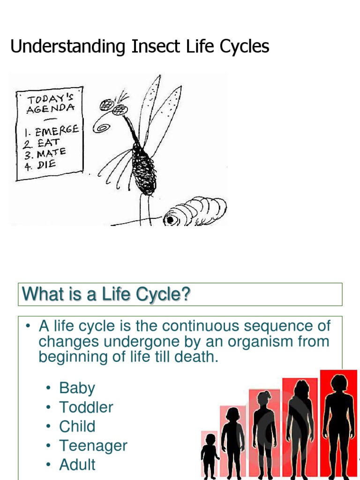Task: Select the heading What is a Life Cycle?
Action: point(106,294)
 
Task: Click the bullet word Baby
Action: point(77,388)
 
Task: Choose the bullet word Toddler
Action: point(86,407)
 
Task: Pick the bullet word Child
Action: point(77,427)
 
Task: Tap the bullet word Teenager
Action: point(93,446)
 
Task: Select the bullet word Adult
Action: point(77,465)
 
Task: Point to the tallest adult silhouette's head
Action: point(338,382)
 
